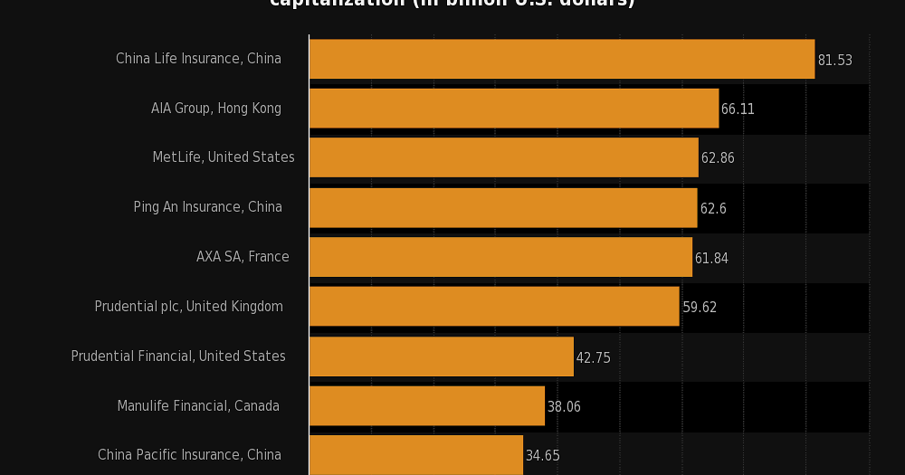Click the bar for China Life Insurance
click(561, 59)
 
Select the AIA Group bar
click(513, 109)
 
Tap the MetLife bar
click(503, 157)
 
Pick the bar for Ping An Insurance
click(502, 207)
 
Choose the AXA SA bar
click(500, 257)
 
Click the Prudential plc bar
click(494, 307)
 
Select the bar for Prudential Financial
click(441, 356)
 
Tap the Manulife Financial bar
click(426, 406)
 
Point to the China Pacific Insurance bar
click(415, 454)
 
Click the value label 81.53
click(834, 61)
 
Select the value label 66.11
click(738, 109)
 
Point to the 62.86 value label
click(718, 158)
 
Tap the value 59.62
click(700, 308)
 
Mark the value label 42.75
click(594, 358)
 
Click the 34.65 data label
click(543, 456)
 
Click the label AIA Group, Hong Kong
click(216, 109)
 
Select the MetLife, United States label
click(224, 157)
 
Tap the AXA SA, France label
click(243, 257)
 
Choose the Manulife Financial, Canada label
click(198, 406)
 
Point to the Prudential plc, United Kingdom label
click(189, 307)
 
